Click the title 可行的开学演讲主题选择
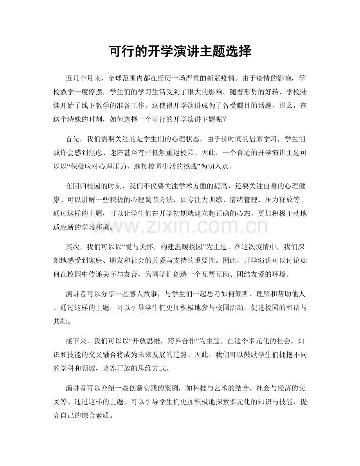(180, 51)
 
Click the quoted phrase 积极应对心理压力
(103, 164)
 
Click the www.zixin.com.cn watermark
(180, 226)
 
